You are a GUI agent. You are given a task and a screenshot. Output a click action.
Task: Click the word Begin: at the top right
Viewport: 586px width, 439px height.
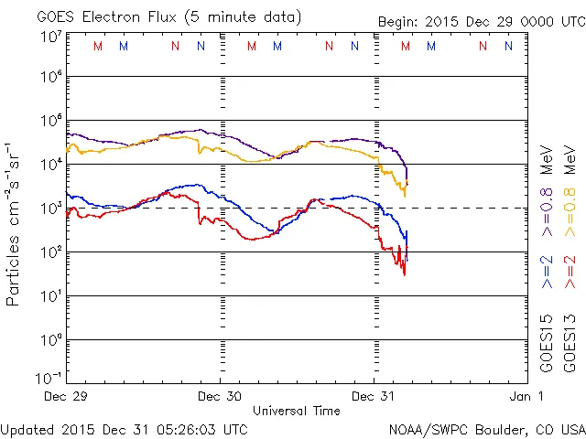[398, 21]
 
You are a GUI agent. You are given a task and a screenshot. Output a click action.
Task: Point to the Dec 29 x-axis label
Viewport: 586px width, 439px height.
[67, 396]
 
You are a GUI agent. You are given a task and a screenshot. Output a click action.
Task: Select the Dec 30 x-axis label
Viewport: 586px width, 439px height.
[220, 396]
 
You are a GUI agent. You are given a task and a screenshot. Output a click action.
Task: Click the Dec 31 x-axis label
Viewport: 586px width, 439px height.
[374, 396]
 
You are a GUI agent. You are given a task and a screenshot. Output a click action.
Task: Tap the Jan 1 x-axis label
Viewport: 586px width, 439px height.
[526, 396]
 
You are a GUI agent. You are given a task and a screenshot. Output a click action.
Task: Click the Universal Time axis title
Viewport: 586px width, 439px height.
[297, 411]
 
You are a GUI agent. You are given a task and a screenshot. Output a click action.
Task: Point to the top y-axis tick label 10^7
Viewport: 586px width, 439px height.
[50, 37]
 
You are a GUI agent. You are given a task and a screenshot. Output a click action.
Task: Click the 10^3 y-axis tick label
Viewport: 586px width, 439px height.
[50, 209]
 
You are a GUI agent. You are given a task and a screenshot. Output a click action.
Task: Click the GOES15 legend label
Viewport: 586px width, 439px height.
[547, 345]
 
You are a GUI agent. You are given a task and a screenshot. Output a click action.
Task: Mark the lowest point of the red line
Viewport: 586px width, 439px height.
[404, 274]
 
